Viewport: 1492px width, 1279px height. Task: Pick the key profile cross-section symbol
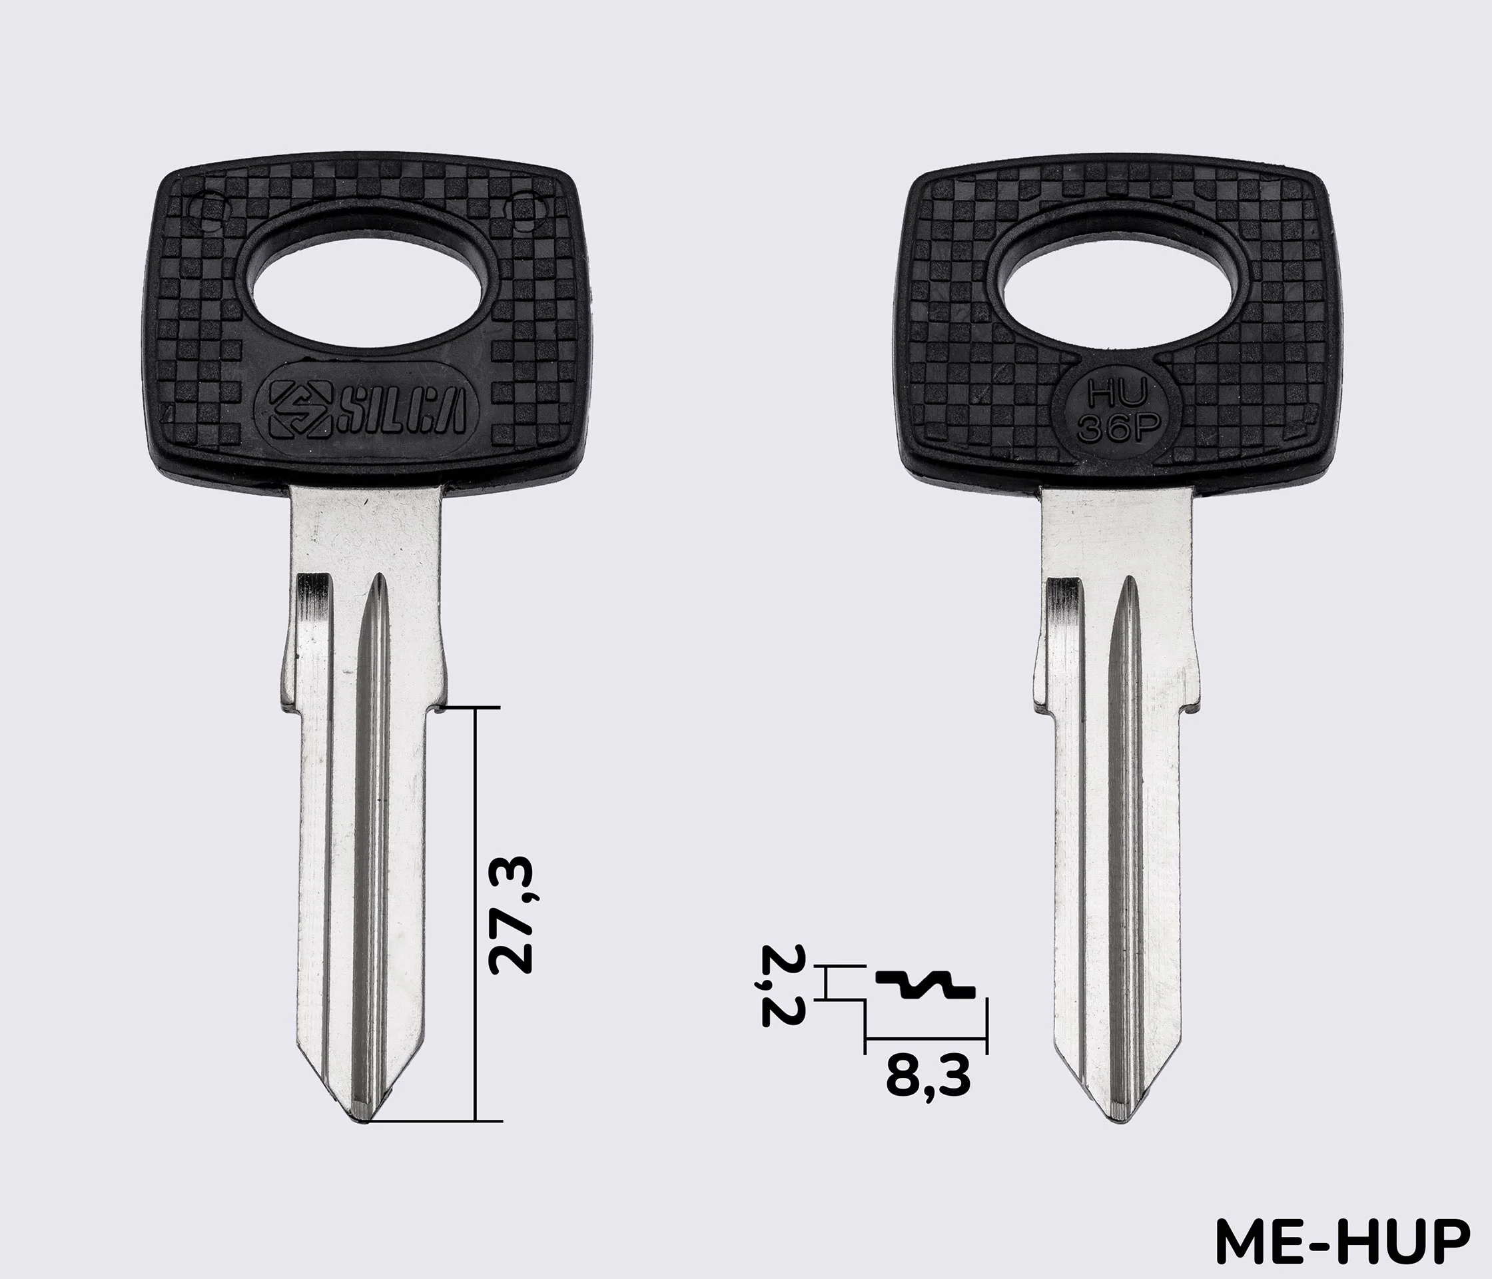coord(925,985)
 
